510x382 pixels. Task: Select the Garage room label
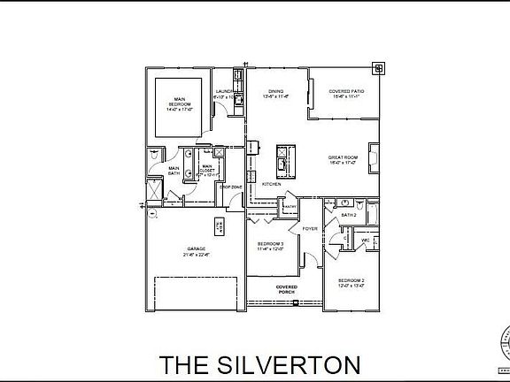pyautogui.click(x=197, y=252)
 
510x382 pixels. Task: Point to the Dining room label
pyautogui.click(x=275, y=94)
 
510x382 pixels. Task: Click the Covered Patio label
pyautogui.click(x=344, y=94)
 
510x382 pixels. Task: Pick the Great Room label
pyautogui.click(x=342, y=160)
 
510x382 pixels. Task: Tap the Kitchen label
pyautogui.click(x=271, y=184)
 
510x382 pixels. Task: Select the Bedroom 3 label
pyautogui.click(x=270, y=246)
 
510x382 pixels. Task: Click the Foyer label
pyautogui.click(x=309, y=228)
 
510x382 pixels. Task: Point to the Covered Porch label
pyautogui.click(x=286, y=290)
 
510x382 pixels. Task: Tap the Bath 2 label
pyautogui.click(x=349, y=214)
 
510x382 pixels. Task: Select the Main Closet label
pyautogui.click(x=207, y=170)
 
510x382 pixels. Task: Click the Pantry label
pyautogui.click(x=289, y=207)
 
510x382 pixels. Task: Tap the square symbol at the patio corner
pyautogui.click(x=378, y=66)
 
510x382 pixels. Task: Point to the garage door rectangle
pyautogui.click(x=195, y=293)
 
